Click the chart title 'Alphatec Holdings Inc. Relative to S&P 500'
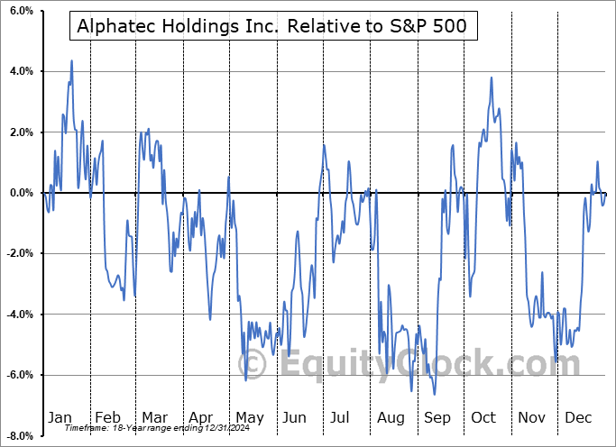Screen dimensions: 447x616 [x=273, y=26]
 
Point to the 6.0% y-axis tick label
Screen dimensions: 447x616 [x=21, y=11]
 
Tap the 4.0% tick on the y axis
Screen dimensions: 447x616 [x=21, y=71]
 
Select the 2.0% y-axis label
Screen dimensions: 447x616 [x=21, y=132]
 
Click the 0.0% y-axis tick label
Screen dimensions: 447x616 [x=21, y=193]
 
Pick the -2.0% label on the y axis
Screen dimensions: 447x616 [x=19, y=253]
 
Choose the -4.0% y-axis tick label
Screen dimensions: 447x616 [x=19, y=315]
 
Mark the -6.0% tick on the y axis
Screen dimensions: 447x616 [x=19, y=375]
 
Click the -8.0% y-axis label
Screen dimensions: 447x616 [x=19, y=436]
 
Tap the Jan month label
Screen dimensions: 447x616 [x=60, y=417]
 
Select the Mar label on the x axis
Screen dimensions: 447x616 [x=155, y=417]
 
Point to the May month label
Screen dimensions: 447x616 [x=250, y=417]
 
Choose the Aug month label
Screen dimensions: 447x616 [x=392, y=417]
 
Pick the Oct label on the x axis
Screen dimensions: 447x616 [x=484, y=417]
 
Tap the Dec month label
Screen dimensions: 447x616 [x=579, y=417]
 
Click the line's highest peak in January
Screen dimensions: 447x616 [x=71, y=61]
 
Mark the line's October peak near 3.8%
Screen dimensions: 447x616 [x=492, y=78]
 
